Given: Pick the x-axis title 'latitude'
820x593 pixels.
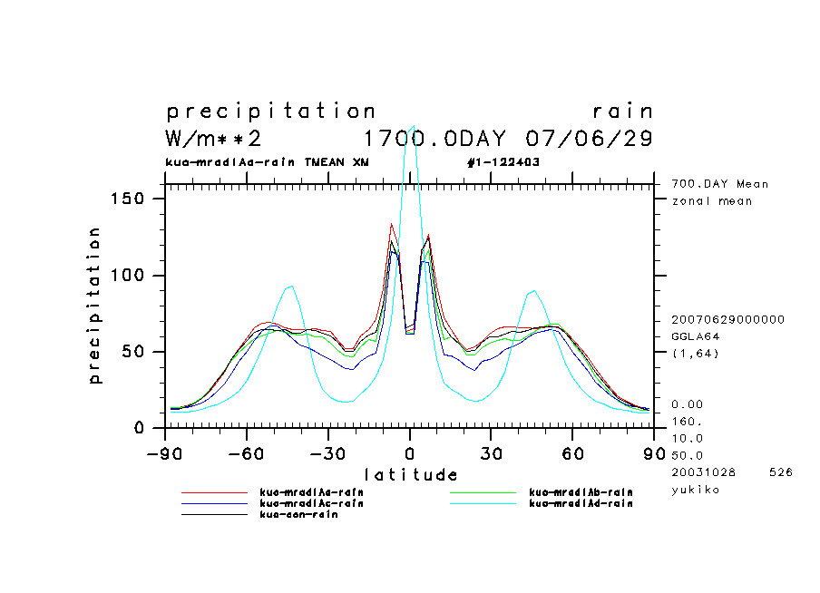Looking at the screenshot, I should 410,474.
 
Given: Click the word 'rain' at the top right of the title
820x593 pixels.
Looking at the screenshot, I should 622,112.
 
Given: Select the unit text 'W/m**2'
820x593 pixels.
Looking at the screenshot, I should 214,139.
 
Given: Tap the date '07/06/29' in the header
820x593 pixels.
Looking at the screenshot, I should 590,139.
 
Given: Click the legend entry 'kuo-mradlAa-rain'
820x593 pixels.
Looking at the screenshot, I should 311,492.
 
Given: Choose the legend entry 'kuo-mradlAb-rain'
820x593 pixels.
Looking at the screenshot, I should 581,492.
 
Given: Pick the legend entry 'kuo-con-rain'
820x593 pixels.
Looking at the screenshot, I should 298,514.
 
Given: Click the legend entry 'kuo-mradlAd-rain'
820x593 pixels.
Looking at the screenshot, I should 581,503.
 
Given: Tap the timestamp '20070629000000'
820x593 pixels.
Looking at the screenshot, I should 727,320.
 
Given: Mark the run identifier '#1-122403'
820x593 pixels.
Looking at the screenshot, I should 503,162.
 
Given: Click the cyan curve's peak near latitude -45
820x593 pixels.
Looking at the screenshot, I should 290,287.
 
